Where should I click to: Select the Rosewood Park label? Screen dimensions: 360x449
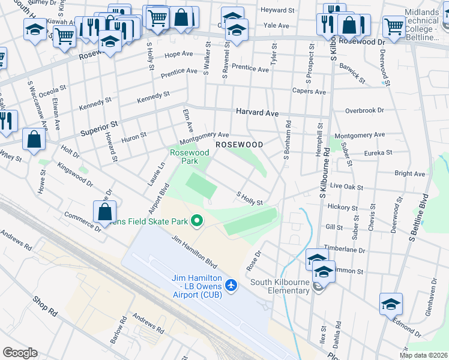(189, 157)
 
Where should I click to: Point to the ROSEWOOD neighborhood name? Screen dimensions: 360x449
(240, 145)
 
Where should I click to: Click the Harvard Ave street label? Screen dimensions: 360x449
(257, 112)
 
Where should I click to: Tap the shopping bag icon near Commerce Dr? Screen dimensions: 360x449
(105, 211)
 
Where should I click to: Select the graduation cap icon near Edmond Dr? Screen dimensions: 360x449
(391, 304)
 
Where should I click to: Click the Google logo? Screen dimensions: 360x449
(20, 353)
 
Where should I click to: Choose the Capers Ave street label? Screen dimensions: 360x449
(309, 92)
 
